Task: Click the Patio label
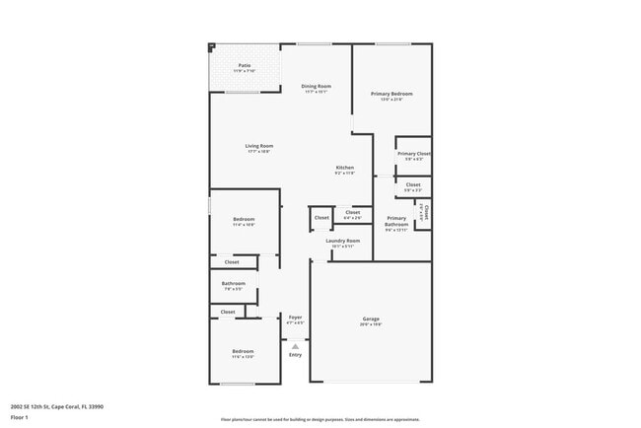point(244,65)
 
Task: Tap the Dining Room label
point(316,86)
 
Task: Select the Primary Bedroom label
point(392,94)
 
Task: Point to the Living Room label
point(259,146)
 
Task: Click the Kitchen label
point(344,168)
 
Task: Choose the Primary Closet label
point(413,154)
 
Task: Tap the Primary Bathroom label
point(396,221)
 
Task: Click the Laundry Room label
point(343,240)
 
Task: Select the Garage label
point(371,319)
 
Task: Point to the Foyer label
point(295,317)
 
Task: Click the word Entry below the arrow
point(295,355)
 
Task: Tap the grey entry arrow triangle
point(294,345)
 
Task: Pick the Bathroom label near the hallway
point(234,284)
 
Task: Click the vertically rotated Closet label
point(423,211)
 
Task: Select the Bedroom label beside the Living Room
point(244,219)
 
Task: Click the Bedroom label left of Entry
point(243,351)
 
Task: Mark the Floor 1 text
point(19,417)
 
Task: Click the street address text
point(57,405)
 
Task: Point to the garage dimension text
point(371,324)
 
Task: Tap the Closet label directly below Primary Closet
point(413,184)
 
